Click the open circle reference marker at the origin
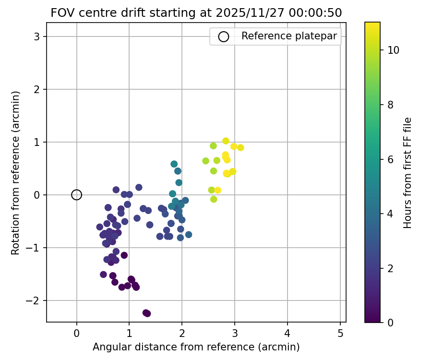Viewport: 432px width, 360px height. (x=76, y=195)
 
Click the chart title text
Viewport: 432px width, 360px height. (x=196, y=13)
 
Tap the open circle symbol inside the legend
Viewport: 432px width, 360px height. (x=223, y=36)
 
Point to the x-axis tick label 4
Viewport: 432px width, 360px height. (x=287, y=333)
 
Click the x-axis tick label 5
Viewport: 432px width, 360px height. (x=340, y=333)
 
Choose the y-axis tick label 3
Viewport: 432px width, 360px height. (x=36, y=37)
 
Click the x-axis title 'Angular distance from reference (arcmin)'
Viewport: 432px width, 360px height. (x=196, y=347)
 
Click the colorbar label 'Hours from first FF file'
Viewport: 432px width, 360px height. (x=408, y=173)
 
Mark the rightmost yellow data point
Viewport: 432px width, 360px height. (x=240, y=147)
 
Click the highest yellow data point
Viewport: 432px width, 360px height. (x=226, y=141)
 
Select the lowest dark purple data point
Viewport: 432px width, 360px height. (x=147, y=313)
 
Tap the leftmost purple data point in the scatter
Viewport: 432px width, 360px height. (x=100, y=227)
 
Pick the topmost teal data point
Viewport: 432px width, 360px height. (x=174, y=164)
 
